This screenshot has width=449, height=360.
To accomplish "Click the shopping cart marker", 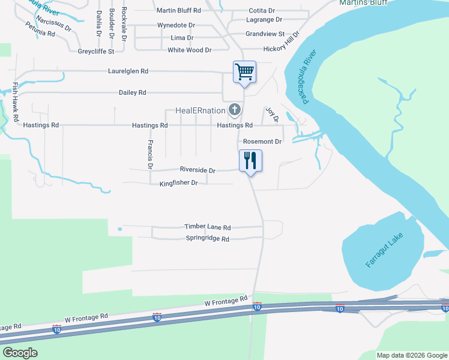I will click(x=244, y=72).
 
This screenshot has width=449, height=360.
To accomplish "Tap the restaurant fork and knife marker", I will click(x=250, y=160).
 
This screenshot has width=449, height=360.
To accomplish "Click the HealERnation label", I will click(x=200, y=110).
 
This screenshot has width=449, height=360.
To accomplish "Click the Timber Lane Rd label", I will click(x=207, y=227).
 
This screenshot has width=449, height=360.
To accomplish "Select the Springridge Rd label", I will click(x=208, y=239).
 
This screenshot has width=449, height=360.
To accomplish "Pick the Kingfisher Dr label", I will click(x=178, y=182).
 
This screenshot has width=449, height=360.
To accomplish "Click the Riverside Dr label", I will click(x=197, y=170).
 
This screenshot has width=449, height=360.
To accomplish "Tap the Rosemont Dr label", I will click(x=262, y=142).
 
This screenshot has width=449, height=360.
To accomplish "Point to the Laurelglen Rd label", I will click(x=128, y=71).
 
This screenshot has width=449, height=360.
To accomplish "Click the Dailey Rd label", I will click(x=133, y=92).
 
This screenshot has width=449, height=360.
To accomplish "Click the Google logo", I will click(x=20, y=353).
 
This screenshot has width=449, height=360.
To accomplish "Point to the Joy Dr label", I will click(x=272, y=115).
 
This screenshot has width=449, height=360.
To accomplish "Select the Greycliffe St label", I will click(x=96, y=51).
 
